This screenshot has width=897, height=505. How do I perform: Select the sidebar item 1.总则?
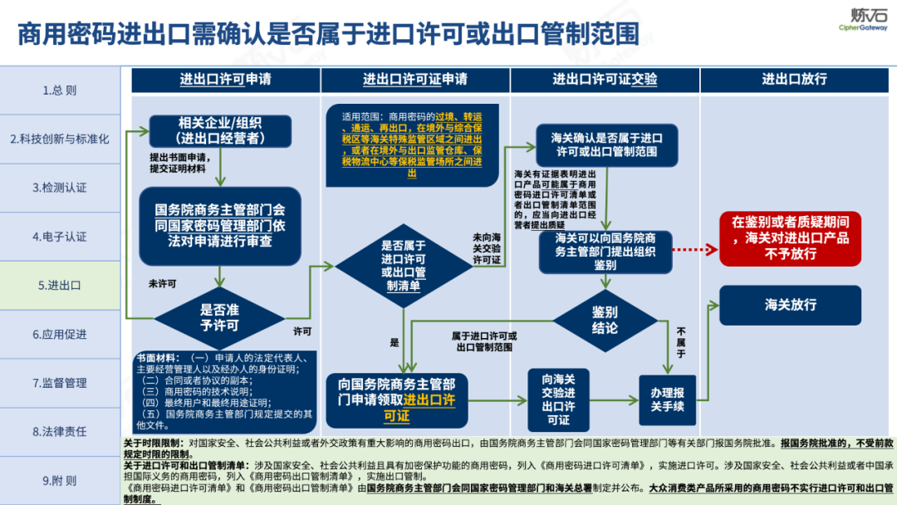coord(60,91)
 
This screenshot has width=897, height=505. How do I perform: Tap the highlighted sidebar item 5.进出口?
coord(60,285)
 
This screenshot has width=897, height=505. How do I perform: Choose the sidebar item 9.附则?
coord(60,480)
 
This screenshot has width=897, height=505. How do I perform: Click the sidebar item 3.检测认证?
coord(60,188)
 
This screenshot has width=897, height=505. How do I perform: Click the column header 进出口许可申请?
coord(226,80)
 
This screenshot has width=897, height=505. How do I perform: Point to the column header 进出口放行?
coord(795,80)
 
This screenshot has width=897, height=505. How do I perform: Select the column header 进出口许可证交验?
coord(605,80)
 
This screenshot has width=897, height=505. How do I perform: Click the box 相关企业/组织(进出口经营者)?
coord(221,130)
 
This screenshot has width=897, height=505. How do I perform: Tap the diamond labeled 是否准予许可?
coord(219,317)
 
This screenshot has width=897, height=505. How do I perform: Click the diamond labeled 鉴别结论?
coord(605,319)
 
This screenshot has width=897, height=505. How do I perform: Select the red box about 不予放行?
coord(790,238)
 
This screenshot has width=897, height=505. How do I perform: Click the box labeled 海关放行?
coord(790,305)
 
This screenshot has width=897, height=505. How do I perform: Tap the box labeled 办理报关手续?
coord(667,399)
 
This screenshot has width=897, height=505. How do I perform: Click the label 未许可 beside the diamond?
coord(162,284)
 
